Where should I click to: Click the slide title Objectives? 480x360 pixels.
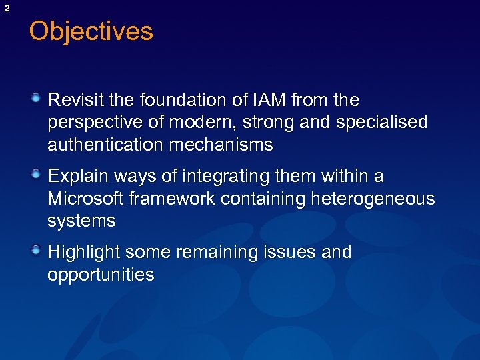coord(91,31)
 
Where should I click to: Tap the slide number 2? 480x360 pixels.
coord(7,7)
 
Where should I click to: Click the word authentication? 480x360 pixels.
coord(105,144)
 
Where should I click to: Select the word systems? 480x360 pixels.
coord(81,221)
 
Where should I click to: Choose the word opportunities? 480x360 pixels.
coord(101,275)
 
